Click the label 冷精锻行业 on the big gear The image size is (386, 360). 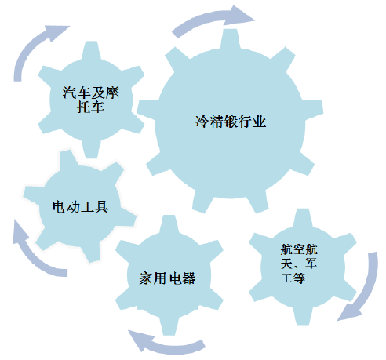231,122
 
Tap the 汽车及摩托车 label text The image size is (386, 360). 90,100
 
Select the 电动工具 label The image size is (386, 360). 80,207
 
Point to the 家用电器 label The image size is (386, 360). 167,278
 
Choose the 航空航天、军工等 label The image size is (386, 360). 299,264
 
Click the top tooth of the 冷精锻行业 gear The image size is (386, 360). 230,38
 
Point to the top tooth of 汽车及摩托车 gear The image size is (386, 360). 91,51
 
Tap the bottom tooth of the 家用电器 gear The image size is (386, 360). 169,325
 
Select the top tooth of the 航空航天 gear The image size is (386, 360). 303,219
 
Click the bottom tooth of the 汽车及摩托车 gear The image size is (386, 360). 91,149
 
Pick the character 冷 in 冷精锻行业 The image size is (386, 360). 202,122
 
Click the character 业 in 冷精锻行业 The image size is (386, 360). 259,122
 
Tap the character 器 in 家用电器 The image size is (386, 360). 189,278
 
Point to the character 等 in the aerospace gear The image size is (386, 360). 299,278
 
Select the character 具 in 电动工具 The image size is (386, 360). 101,207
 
